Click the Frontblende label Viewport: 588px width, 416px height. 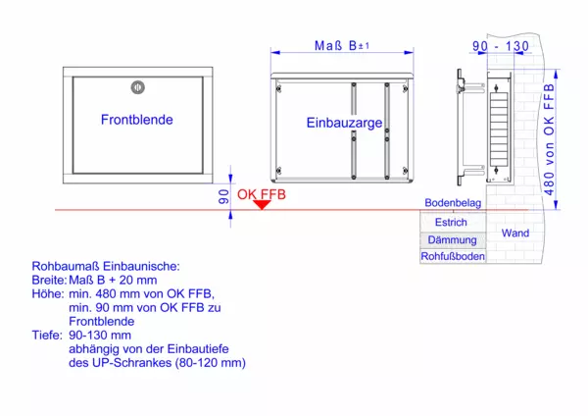tap(137, 120)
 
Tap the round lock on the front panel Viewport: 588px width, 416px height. tap(138, 85)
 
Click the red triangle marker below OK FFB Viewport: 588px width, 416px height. tap(262, 203)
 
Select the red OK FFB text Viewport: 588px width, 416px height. tap(262, 194)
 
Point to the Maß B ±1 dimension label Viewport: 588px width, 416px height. tap(342, 45)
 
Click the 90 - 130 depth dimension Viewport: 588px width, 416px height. tap(500, 46)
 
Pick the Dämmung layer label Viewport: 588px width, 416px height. tap(452, 239)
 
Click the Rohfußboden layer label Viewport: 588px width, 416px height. tap(452, 256)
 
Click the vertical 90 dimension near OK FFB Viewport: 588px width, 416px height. tap(222, 194)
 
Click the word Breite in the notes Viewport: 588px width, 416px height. tap(48, 281)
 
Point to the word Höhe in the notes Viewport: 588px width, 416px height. tap(47, 294)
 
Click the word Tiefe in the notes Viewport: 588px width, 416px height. tap(47, 336)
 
